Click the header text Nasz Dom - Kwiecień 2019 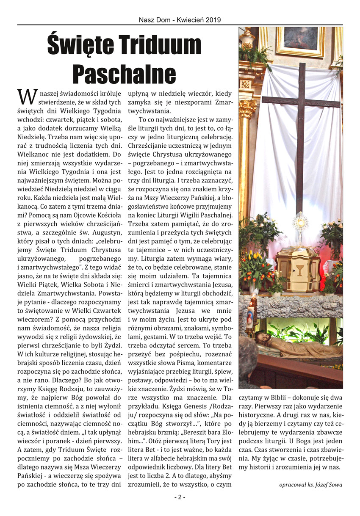tap(180, 19)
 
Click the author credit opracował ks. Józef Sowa tap(311, 485)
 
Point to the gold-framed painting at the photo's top tap(301, 40)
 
